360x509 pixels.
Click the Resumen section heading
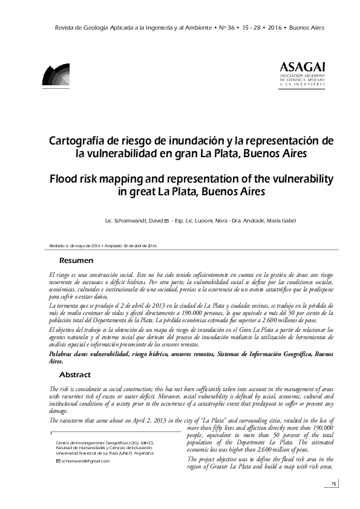(x=76, y=261)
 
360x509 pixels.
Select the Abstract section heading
(x=75, y=374)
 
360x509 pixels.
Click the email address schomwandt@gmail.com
(x=85, y=461)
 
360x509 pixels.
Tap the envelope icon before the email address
(x=57, y=461)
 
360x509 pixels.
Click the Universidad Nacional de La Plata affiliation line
(x=104, y=452)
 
